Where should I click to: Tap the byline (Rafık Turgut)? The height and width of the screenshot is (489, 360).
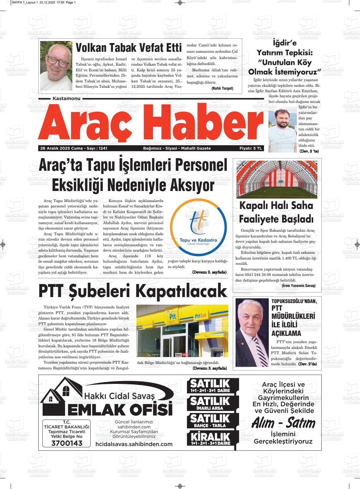click(222, 88)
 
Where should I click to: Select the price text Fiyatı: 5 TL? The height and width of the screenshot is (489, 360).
click(251, 148)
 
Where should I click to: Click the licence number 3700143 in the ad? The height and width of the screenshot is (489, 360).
click(67, 443)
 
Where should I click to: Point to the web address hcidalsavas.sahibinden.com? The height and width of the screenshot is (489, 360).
click(134, 444)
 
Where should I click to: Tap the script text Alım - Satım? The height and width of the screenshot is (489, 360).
click(283, 423)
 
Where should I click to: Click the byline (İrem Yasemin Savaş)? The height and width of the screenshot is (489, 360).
click(298, 285)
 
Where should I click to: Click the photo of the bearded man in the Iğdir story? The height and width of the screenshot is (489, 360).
click(282, 126)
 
